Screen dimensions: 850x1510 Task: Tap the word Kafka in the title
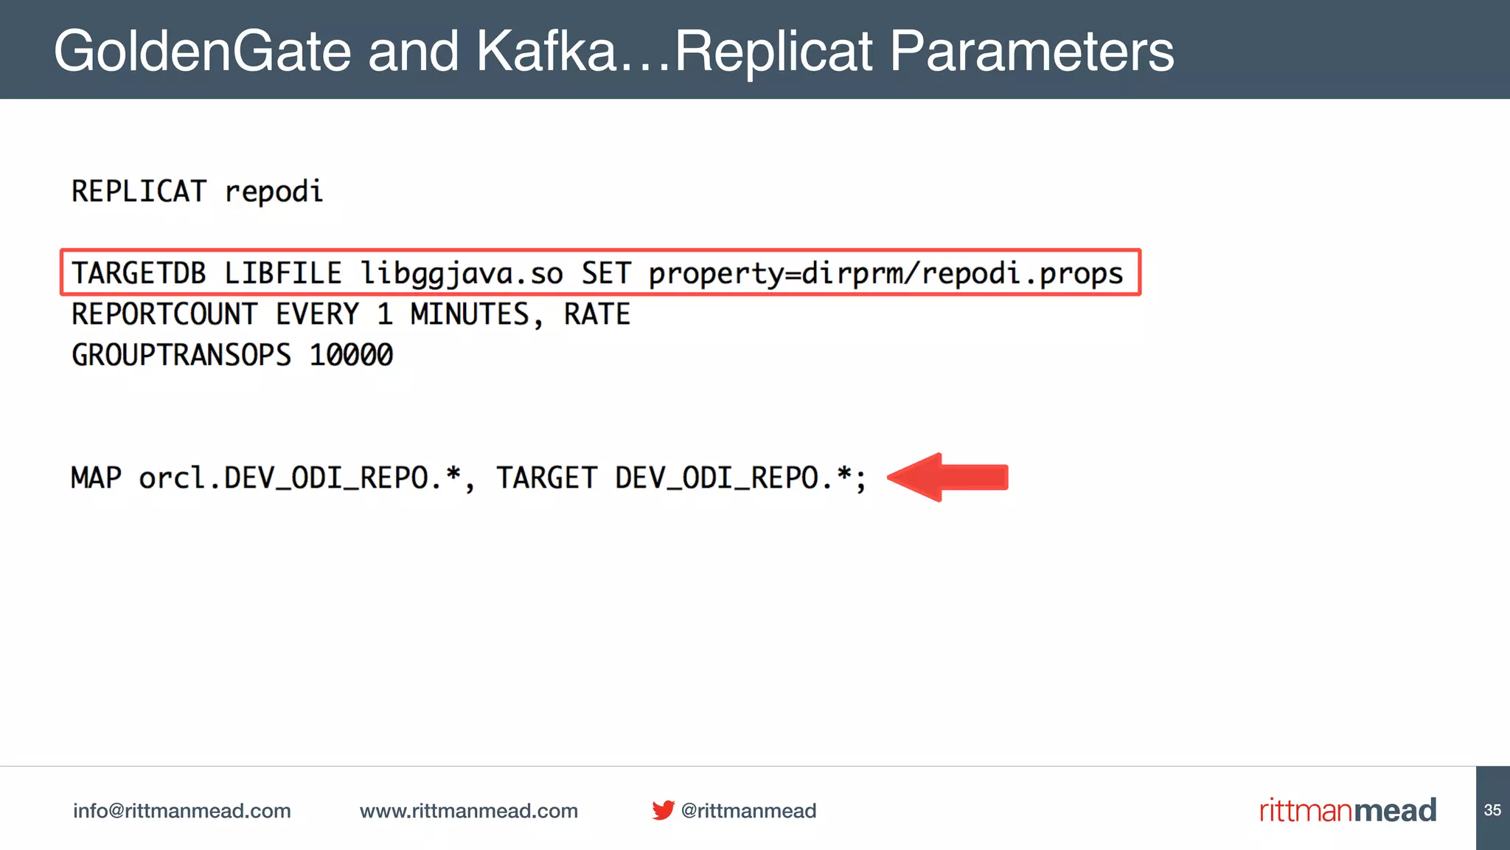pyautogui.click(x=546, y=52)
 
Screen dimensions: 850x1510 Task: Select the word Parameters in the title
pyautogui.click(x=1031, y=52)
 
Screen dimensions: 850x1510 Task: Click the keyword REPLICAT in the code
pyautogui.click(x=139, y=192)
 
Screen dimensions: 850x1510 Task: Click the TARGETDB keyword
pyautogui.click(x=139, y=274)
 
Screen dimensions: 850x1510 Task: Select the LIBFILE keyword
pyautogui.click(x=283, y=274)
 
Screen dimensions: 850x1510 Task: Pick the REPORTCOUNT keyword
pyautogui.click(x=164, y=315)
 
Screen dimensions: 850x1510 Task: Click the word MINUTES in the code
pyautogui.click(x=470, y=315)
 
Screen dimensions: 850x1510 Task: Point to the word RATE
pyautogui.click(x=597, y=315)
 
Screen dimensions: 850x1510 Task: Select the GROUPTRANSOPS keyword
pyautogui.click(x=181, y=356)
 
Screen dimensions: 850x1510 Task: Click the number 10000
pyautogui.click(x=351, y=356)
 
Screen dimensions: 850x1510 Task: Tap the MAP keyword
pyautogui.click(x=96, y=478)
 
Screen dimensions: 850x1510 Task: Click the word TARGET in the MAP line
pyautogui.click(x=546, y=478)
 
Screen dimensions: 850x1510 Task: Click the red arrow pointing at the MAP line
pyautogui.click(x=948, y=477)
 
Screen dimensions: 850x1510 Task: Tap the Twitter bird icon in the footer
pyautogui.click(x=663, y=810)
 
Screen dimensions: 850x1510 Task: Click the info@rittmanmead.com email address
pyautogui.click(x=182, y=811)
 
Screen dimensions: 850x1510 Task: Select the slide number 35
pyautogui.click(x=1492, y=810)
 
